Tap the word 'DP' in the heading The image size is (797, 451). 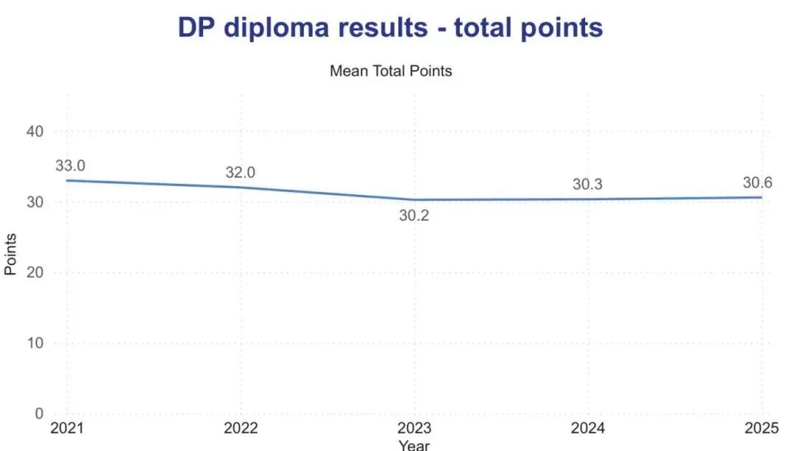(197, 27)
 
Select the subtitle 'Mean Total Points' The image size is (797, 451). (390, 72)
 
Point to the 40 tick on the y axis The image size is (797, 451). (35, 131)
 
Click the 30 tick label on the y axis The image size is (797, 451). (35, 202)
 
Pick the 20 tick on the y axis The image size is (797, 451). (35, 272)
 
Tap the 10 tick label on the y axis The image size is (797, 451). (35, 343)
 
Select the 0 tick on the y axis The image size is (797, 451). (40, 413)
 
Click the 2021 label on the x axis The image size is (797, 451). (66, 429)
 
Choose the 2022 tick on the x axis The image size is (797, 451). (240, 429)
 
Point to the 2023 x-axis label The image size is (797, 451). (414, 429)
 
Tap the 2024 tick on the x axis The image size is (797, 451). (587, 429)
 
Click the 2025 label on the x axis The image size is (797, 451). (761, 429)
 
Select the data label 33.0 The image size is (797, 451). (70, 165)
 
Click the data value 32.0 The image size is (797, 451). (240, 173)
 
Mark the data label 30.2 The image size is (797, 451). (414, 217)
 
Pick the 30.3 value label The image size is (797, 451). (587, 185)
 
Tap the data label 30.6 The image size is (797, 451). (757, 183)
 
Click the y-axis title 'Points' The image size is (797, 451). (10, 255)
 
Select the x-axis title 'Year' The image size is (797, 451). (413, 445)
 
